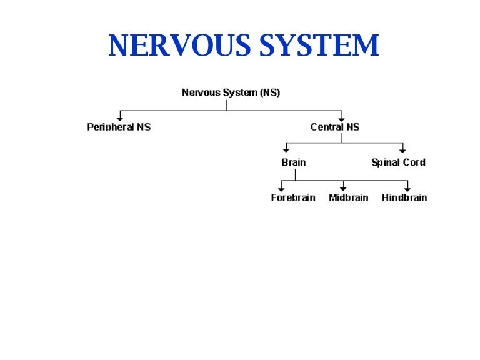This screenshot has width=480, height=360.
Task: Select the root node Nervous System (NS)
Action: point(231,92)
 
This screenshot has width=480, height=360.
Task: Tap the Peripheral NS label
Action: point(119,127)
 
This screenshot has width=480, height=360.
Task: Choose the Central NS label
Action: point(335,127)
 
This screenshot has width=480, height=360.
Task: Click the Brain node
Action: point(293,162)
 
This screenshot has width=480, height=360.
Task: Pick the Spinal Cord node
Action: point(398,162)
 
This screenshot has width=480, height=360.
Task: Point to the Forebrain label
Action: point(293,198)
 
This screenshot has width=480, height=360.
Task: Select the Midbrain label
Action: point(348,198)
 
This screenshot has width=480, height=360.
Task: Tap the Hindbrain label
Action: point(404,198)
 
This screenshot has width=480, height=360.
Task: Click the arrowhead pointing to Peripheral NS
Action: point(119,117)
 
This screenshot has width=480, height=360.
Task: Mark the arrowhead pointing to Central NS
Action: point(341,117)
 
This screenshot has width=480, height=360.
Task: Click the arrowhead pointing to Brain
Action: point(286,151)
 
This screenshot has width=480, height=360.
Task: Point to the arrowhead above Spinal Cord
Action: point(402,151)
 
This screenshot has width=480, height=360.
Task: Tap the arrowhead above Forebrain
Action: point(282,188)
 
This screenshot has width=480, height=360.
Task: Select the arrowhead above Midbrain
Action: point(343,188)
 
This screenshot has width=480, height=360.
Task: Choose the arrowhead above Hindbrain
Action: point(407,188)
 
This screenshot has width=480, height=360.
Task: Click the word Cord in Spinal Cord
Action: point(414,162)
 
